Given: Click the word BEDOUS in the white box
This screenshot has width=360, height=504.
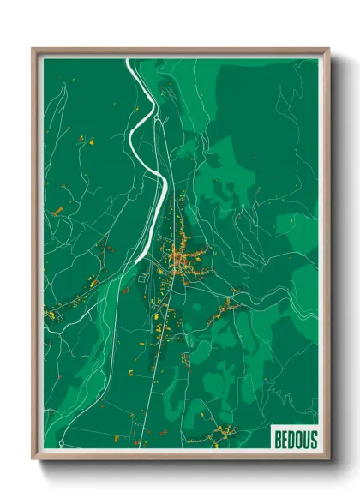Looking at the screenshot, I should coord(296,440).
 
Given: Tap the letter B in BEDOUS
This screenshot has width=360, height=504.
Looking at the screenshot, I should coord(279,440).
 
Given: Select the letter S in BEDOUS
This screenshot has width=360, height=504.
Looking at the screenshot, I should coord(313,440).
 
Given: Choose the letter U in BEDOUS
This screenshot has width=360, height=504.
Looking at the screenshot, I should coord(306,440).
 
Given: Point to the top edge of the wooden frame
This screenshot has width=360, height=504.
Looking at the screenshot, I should coord(180,50).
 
